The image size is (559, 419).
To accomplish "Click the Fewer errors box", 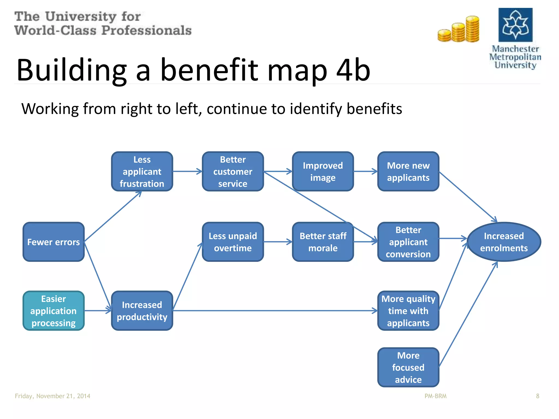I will pyautogui.click(x=53, y=242).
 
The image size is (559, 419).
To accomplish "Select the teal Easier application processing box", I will pyautogui.click(x=53, y=311).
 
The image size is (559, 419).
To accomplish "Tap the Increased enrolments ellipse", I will pyautogui.click(x=504, y=242).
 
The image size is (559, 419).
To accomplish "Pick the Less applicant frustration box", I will pyautogui.click(x=142, y=171).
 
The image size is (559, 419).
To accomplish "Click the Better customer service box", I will pyautogui.click(x=233, y=171).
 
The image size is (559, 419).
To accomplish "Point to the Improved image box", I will pyautogui.click(x=323, y=171).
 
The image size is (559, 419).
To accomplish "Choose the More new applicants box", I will pyautogui.click(x=408, y=171).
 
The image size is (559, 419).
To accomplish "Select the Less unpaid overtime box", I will pyautogui.click(x=233, y=242).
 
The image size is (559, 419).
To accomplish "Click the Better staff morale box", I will pyautogui.click(x=323, y=242).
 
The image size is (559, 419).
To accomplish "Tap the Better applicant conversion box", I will pyautogui.click(x=408, y=242).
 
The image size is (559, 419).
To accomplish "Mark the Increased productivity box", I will pyautogui.click(x=142, y=311).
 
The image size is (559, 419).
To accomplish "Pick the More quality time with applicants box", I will pyautogui.click(x=408, y=311).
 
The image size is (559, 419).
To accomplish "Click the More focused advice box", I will pyautogui.click(x=408, y=367).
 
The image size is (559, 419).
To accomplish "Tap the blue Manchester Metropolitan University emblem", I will pyautogui.click(x=515, y=25).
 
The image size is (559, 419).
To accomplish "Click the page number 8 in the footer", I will pyautogui.click(x=537, y=396).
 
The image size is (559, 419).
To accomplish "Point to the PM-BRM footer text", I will pyautogui.click(x=435, y=396).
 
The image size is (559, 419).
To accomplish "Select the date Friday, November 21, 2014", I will pyautogui.click(x=52, y=396).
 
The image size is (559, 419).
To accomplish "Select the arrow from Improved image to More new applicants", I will pyautogui.click(x=365, y=171).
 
